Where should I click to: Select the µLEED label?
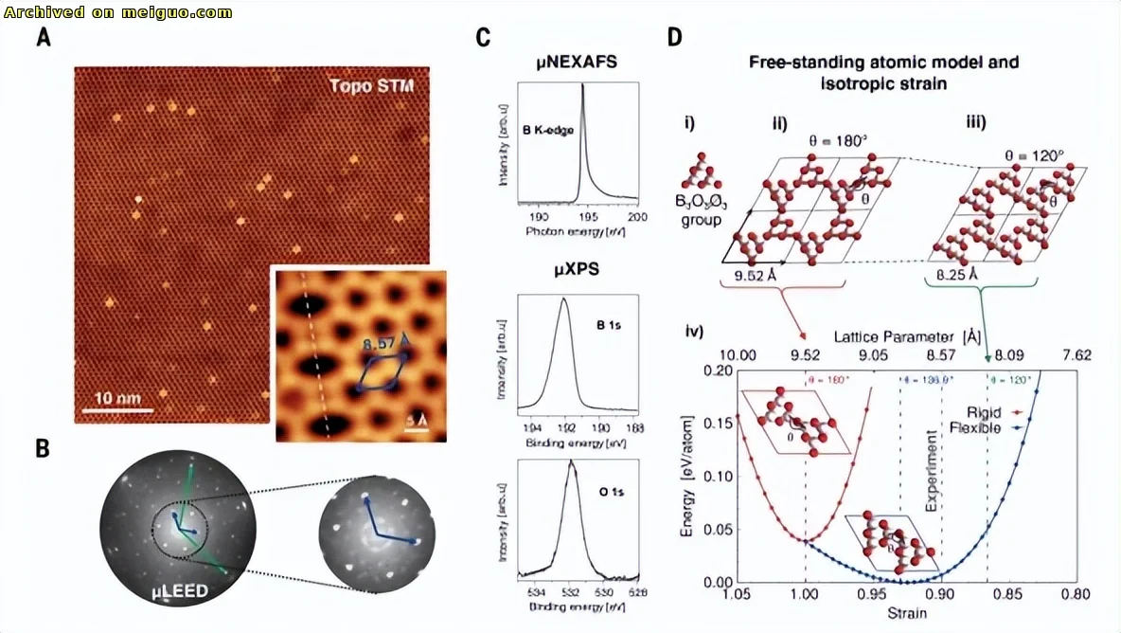coord(182,593)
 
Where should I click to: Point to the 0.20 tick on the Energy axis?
coord(715,371)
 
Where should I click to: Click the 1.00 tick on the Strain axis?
coord(805,595)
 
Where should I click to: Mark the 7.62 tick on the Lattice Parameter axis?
coord(1077,355)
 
